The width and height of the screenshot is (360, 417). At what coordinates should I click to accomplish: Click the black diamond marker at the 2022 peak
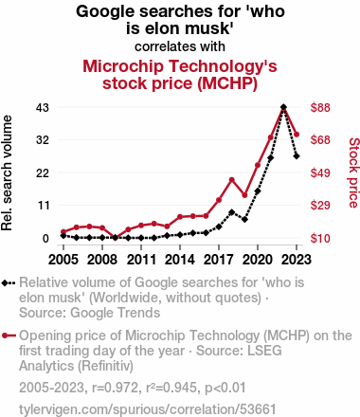283,107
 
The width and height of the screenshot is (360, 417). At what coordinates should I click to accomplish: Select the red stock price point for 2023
297,135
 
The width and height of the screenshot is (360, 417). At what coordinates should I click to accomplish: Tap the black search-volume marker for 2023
297,156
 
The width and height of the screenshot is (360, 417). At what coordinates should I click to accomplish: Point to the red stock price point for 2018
232,180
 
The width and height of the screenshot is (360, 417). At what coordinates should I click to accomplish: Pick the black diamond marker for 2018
232,212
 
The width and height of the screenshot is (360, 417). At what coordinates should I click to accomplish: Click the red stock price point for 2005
63,231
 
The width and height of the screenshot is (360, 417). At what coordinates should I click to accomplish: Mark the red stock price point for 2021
271,137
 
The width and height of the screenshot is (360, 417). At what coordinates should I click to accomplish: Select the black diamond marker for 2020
258,191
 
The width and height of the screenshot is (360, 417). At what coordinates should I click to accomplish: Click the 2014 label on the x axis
180,260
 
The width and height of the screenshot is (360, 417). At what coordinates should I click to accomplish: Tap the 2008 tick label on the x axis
102,260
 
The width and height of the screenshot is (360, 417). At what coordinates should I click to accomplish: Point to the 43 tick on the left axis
43,108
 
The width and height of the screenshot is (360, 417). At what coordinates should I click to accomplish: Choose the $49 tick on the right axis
320,172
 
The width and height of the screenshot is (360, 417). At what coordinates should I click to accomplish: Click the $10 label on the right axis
320,238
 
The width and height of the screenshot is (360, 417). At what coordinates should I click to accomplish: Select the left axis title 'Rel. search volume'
7,172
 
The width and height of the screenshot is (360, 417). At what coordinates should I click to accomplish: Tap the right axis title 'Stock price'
353,172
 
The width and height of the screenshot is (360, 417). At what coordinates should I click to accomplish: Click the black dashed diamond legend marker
9,282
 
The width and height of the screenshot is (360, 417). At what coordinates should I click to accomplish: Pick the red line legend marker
9,335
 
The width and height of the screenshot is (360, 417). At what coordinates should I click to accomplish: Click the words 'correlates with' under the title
180,46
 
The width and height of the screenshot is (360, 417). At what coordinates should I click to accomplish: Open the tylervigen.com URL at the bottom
148,409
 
